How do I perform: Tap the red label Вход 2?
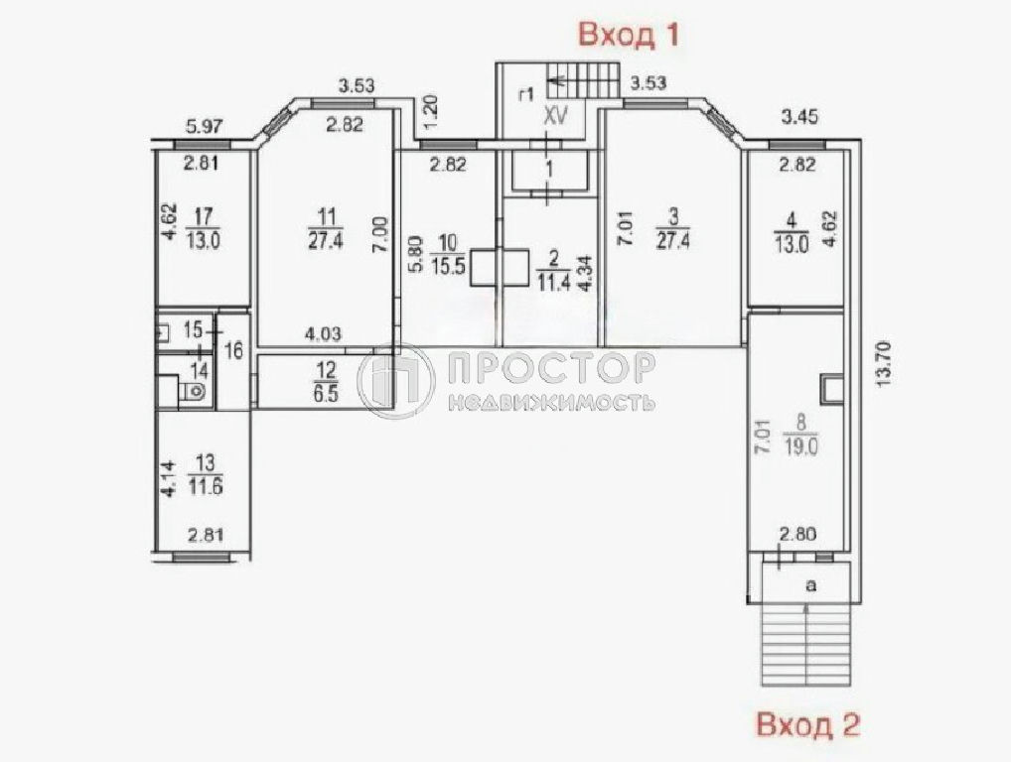pos(807,724)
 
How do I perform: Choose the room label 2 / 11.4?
pos(554,272)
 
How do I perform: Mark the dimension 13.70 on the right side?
pos(884,363)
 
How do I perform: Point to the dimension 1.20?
pos(432,111)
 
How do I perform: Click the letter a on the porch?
pos(811,585)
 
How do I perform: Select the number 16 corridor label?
pos(234,351)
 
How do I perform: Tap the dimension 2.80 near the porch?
pos(798,534)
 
